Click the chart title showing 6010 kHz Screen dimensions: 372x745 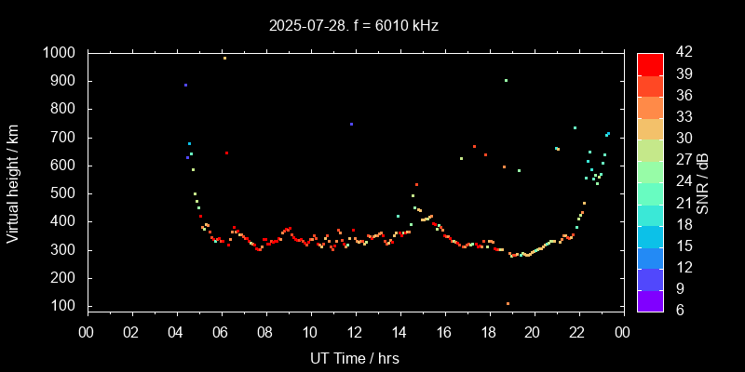[353, 25]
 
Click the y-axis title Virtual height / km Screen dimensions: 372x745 [13, 183]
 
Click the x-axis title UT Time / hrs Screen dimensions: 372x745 [355, 357]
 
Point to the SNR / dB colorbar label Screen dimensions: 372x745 [703, 182]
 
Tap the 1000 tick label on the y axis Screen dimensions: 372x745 [61, 53]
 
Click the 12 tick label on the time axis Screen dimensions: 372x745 [355, 332]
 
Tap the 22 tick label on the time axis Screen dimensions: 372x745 [577, 332]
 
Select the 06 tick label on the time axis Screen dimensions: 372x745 [221, 332]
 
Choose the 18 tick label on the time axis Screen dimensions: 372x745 [488, 332]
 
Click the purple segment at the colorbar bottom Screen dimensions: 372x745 [650, 300]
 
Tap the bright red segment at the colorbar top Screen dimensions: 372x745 [650, 63]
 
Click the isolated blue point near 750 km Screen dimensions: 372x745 [351, 124]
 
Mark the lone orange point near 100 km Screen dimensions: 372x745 [508, 304]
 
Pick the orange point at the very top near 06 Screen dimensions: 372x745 [224, 58]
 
